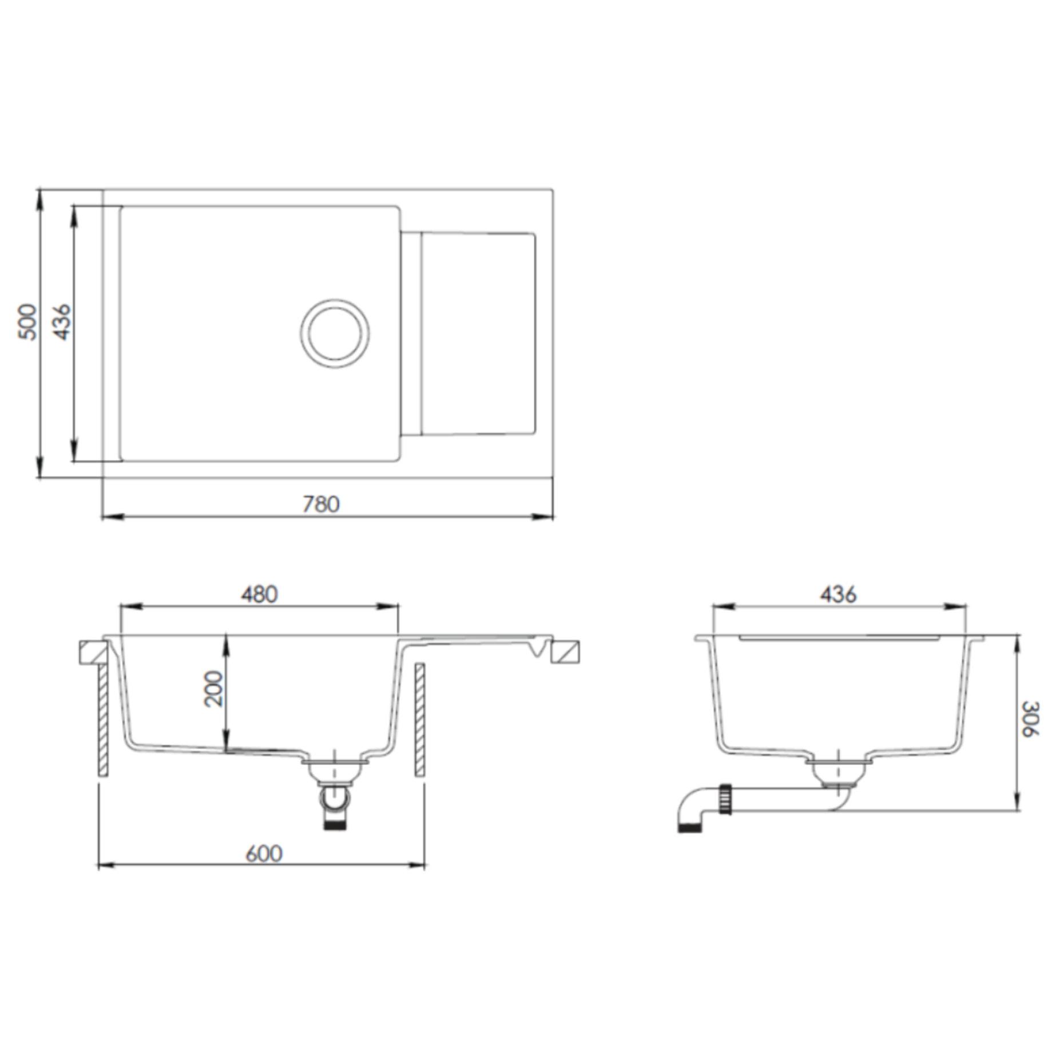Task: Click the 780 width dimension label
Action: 321,504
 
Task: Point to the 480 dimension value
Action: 259,594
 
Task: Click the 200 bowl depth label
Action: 214,689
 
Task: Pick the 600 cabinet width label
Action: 264,854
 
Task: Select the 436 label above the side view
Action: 839,594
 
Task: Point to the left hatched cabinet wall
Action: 103,720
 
